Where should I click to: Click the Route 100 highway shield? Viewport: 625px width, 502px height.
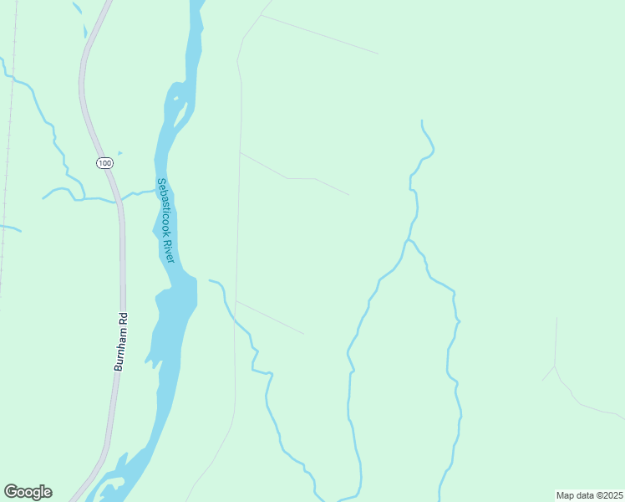pos(104,162)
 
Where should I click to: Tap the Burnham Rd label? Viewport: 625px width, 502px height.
pos(120,341)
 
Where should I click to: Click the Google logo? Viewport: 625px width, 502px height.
pos(28,492)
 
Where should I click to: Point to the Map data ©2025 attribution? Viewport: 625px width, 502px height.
pos(589,495)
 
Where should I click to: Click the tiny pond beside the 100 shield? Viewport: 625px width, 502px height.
pos(119,153)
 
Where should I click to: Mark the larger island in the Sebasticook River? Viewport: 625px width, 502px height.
pos(178,108)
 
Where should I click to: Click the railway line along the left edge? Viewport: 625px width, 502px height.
pos(8,167)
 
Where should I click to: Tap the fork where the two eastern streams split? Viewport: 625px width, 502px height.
pos(407,241)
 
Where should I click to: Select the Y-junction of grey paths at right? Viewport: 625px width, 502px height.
pos(554,366)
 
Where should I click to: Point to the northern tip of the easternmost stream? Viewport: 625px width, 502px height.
pos(422,121)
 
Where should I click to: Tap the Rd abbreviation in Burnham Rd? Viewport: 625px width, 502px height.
pos(122,318)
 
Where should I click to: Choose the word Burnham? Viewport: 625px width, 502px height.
pos(119,348)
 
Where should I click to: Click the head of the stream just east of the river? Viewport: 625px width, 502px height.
pos(210,281)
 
